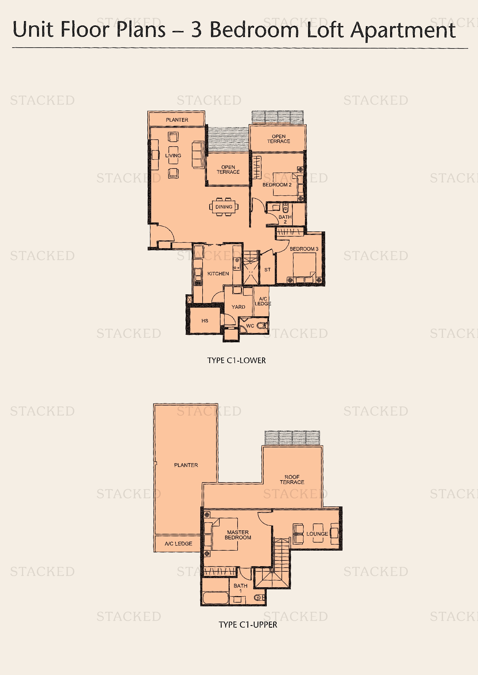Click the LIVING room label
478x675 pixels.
pos(173,156)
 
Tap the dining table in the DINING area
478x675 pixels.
pos(224,207)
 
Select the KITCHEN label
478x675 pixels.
pos(218,273)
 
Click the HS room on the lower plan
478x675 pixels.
pos(205,321)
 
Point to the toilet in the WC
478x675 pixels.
pos(262,326)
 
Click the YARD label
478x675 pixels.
pos(238,307)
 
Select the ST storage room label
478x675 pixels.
pos(267,270)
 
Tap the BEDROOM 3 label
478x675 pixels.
pos(304,249)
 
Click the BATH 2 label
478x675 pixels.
pos(285,219)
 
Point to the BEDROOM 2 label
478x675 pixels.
pos(277,185)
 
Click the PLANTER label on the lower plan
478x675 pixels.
pos(177,120)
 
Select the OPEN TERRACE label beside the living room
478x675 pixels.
pos(228,169)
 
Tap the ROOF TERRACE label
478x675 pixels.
pos(292,480)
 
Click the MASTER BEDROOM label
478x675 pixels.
pos(238,535)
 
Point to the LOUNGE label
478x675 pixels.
pos(317,534)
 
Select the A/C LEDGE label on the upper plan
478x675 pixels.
pos(178,544)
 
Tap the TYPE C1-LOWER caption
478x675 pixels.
pos(236,360)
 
